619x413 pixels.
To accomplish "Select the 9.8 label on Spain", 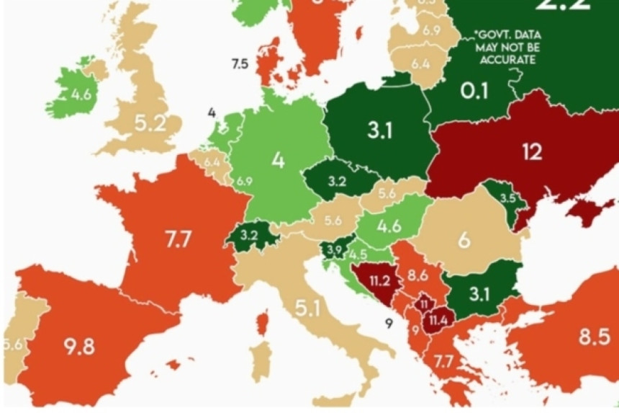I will point(78,346).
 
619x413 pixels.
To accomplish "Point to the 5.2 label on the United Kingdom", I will point(150,123).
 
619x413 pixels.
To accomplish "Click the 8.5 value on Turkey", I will point(594,336).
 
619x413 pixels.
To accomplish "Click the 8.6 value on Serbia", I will point(418,275).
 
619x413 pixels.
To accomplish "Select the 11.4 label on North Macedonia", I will point(437,318).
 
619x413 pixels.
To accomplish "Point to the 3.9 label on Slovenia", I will point(333,249).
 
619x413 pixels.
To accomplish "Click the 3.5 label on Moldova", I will point(508,197).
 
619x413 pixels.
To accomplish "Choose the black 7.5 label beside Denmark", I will point(240,64).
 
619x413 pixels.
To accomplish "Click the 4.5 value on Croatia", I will point(358,254).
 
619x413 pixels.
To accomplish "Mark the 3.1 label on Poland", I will point(379,130).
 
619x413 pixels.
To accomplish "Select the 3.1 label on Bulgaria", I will point(479,293).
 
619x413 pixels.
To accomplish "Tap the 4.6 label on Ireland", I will point(81,94).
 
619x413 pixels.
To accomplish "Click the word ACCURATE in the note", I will point(510,60).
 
